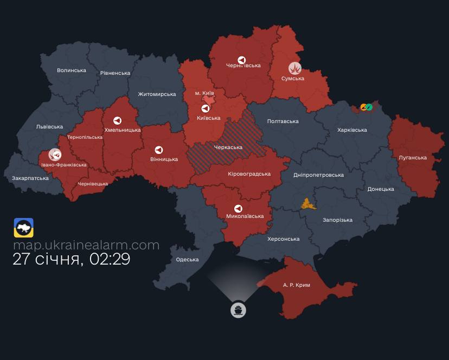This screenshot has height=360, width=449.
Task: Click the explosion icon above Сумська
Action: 295,68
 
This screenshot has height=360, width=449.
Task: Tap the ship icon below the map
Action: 238,310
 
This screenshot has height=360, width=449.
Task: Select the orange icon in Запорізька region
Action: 309,204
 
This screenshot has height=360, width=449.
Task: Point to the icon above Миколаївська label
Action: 238,209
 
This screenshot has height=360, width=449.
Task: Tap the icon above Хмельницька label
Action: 117,120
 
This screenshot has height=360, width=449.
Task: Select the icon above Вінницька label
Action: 158,150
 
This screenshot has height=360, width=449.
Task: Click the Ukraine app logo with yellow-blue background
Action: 24,228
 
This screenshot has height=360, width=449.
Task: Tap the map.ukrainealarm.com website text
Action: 86,245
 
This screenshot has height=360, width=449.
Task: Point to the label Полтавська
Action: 283,121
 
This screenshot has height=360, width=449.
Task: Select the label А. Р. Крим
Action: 297,285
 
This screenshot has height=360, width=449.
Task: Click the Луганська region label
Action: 413,158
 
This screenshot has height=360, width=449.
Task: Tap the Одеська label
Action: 187,260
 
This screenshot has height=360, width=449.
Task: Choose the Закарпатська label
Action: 30,178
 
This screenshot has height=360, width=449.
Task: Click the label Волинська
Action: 72,70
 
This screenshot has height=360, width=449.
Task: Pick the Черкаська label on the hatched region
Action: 228,147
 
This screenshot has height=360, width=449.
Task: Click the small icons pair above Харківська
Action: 367,107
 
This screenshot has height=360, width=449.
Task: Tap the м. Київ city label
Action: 204,93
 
